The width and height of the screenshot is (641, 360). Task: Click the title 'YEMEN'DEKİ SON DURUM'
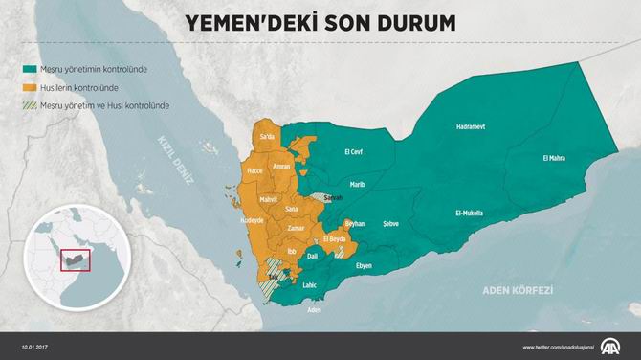(320, 21)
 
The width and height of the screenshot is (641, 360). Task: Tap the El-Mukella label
(469, 213)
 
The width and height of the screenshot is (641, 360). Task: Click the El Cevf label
(353, 151)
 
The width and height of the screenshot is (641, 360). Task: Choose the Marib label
(357, 184)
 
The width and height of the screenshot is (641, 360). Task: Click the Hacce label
(254, 170)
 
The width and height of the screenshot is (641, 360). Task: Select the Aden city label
(314, 310)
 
